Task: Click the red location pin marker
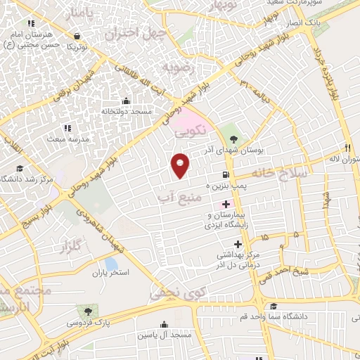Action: pyautogui.click(x=181, y=165)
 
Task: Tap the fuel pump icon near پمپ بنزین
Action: pyautogui.click(x=225, y=175)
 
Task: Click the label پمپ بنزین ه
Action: pyautogui.click(x=227, y=186)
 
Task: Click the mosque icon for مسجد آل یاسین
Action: pyautogui.click(x=165, y=324)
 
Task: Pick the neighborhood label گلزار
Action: pyautogui.click(x=73, y=247)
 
